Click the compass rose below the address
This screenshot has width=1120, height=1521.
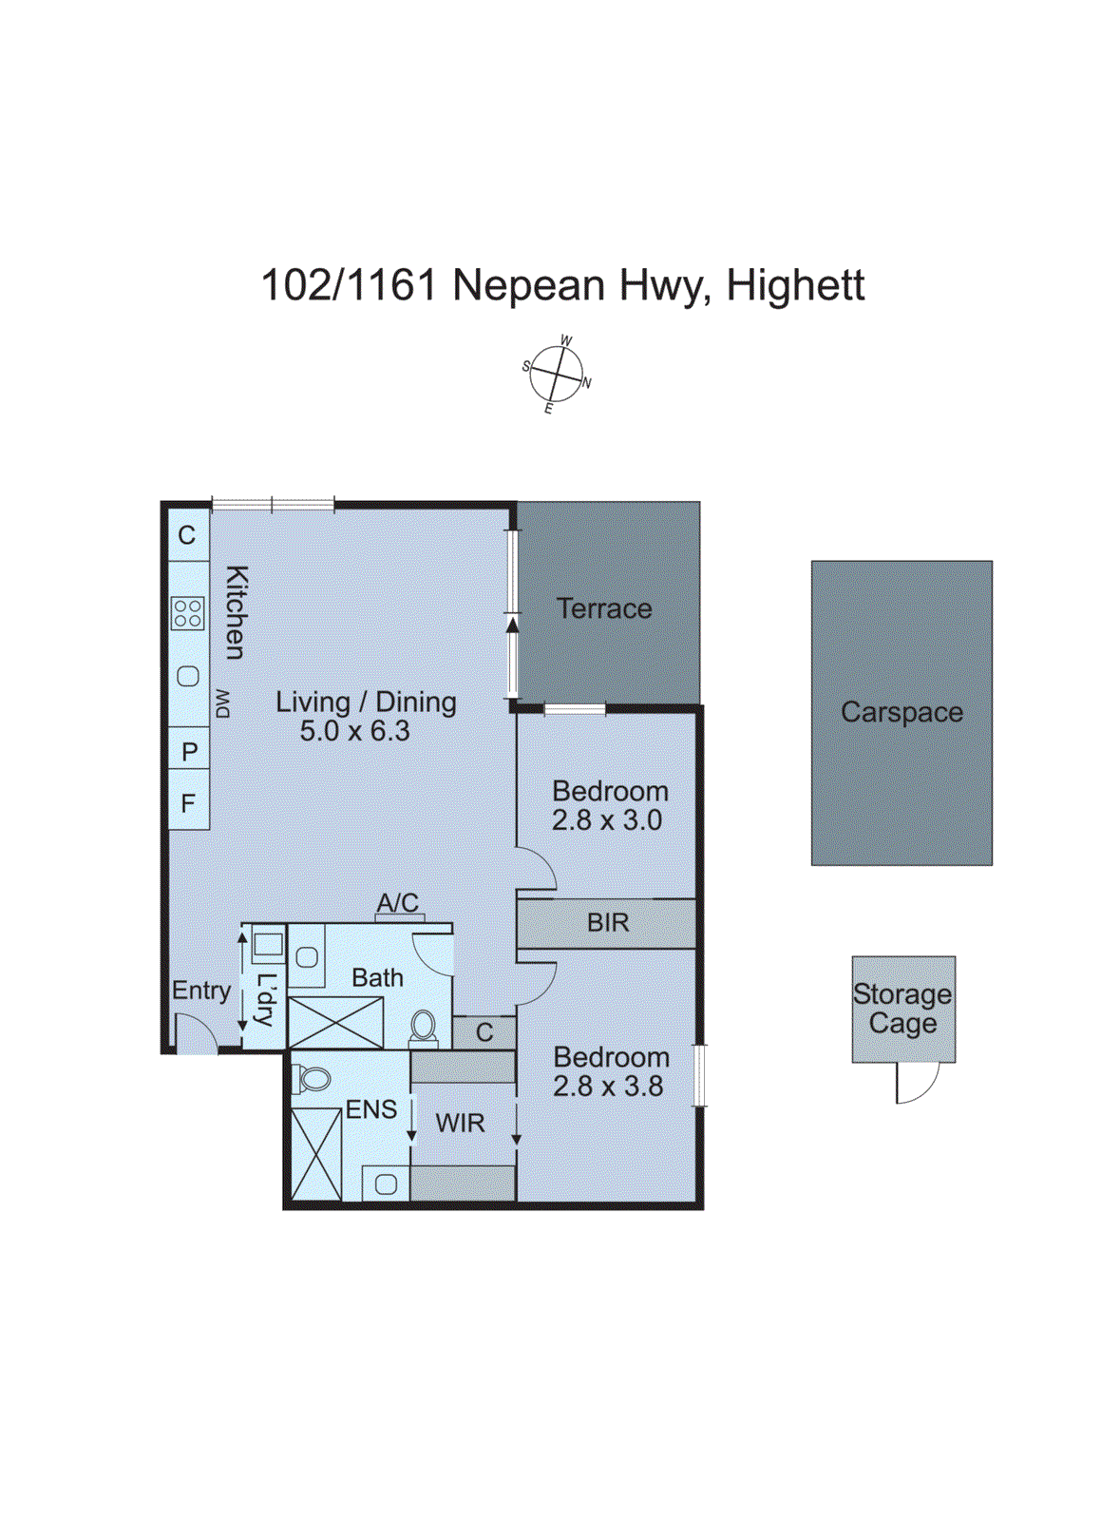[x=557, y=375]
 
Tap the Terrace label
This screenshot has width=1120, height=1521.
[x=604, y=608]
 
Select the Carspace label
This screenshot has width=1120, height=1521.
[x=902, y=712]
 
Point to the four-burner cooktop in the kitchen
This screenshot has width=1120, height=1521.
[x=188, y=613]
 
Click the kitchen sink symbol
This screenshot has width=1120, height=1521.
[x=188, y=677]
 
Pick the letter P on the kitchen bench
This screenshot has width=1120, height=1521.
[x=189, y=752]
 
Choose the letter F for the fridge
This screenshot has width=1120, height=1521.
[x=188, y=803]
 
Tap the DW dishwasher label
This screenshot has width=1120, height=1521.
[x=222, y=703]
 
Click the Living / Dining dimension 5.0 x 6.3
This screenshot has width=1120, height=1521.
[x=354, y=731]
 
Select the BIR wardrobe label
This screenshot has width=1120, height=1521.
[x=608, y=922]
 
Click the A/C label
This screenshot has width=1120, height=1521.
[x=397, y=902]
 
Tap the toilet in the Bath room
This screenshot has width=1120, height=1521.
[x=424, y=1027]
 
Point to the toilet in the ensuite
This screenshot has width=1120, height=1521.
[x=313, y=1079]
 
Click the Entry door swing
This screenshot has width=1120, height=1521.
[x=196, y=1034]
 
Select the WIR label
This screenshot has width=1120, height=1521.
[x=460, y=1123]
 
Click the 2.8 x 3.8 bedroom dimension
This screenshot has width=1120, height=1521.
[x=608, y=1086]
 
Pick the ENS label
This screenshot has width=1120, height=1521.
[x=370, y=1109]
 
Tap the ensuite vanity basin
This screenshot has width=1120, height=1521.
[x=386, y=1184]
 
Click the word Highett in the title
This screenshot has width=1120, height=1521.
[x=795, y=285]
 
